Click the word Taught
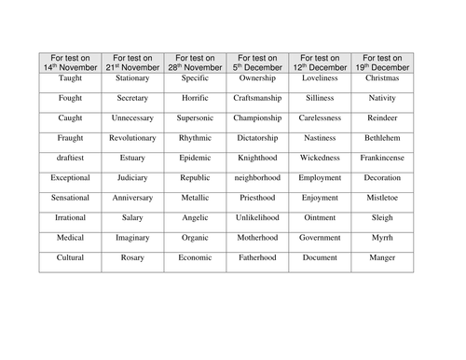point(70,80)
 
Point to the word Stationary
point(132,80)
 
